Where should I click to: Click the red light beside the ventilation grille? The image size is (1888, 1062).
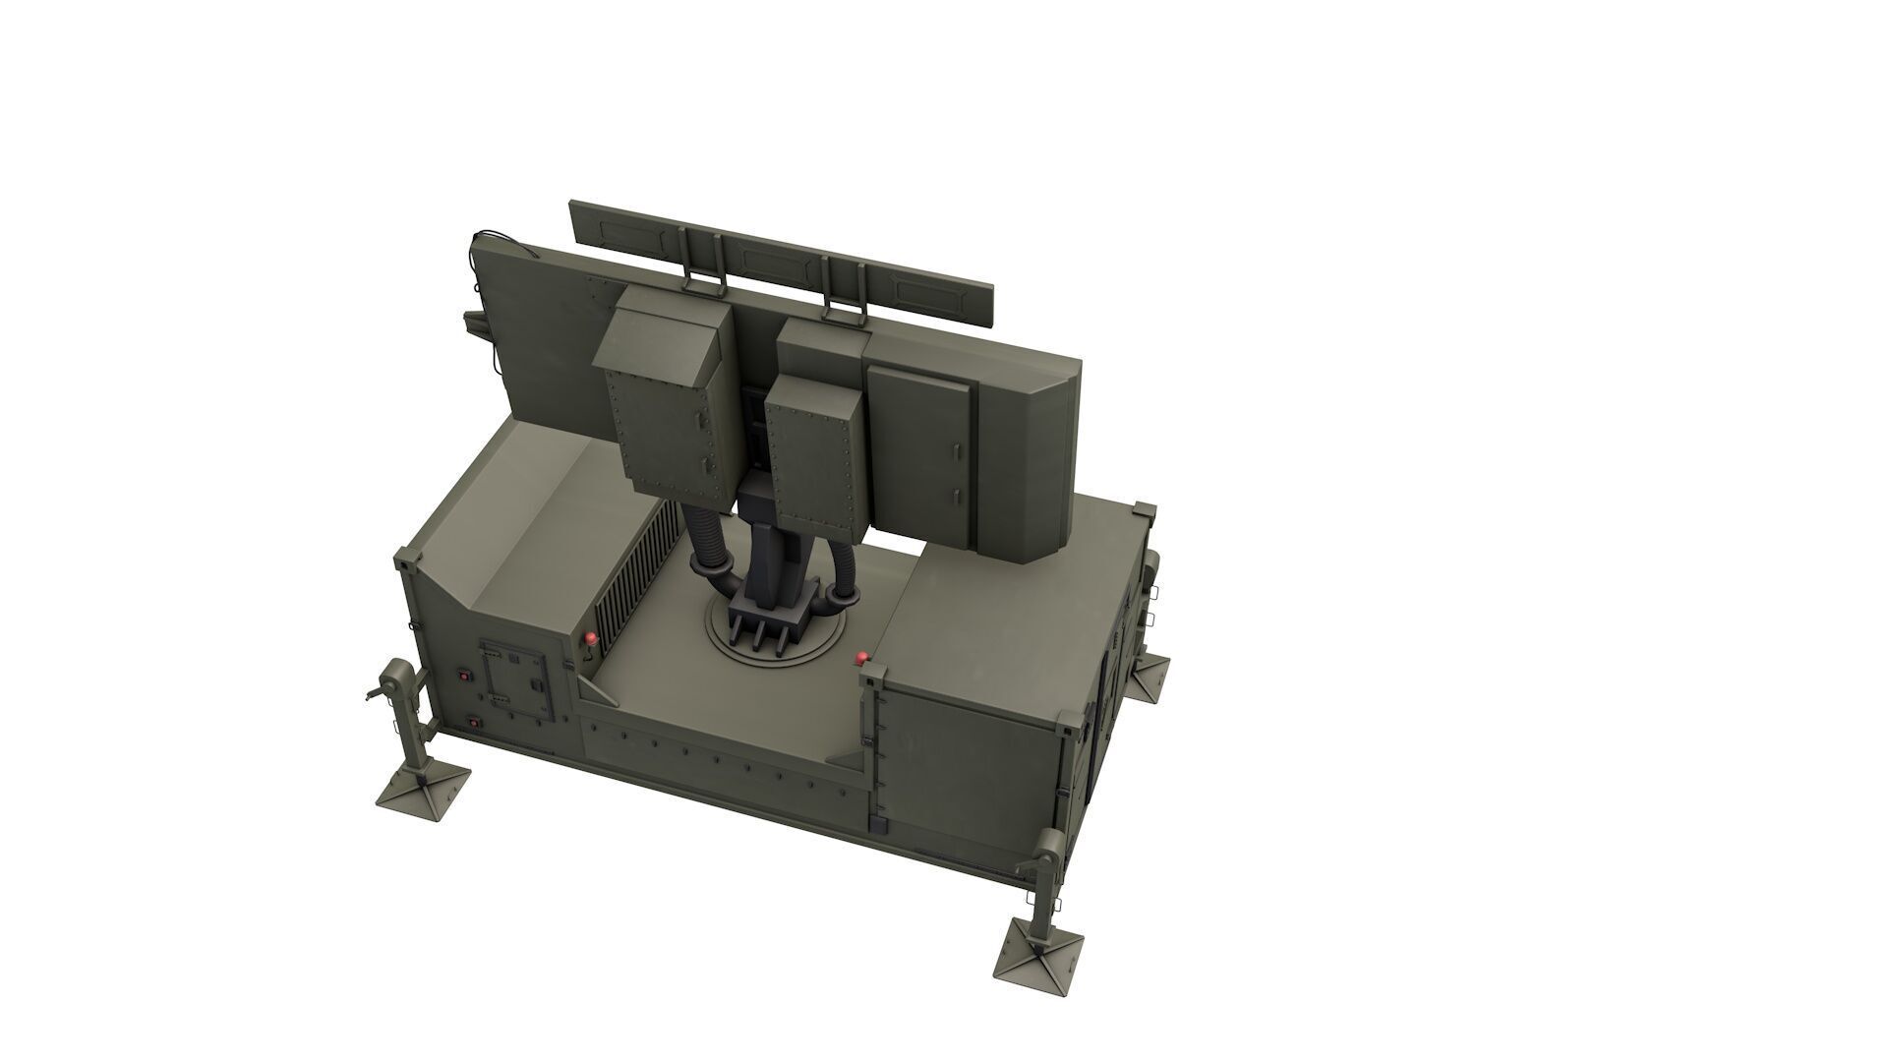(x=590, y=638)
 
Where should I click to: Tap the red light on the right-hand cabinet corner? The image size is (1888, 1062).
(x=862, y=657)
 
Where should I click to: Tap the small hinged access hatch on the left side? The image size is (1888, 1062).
(x=514, y=678)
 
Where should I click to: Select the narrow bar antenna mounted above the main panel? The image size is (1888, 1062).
(x=782, y=264)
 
